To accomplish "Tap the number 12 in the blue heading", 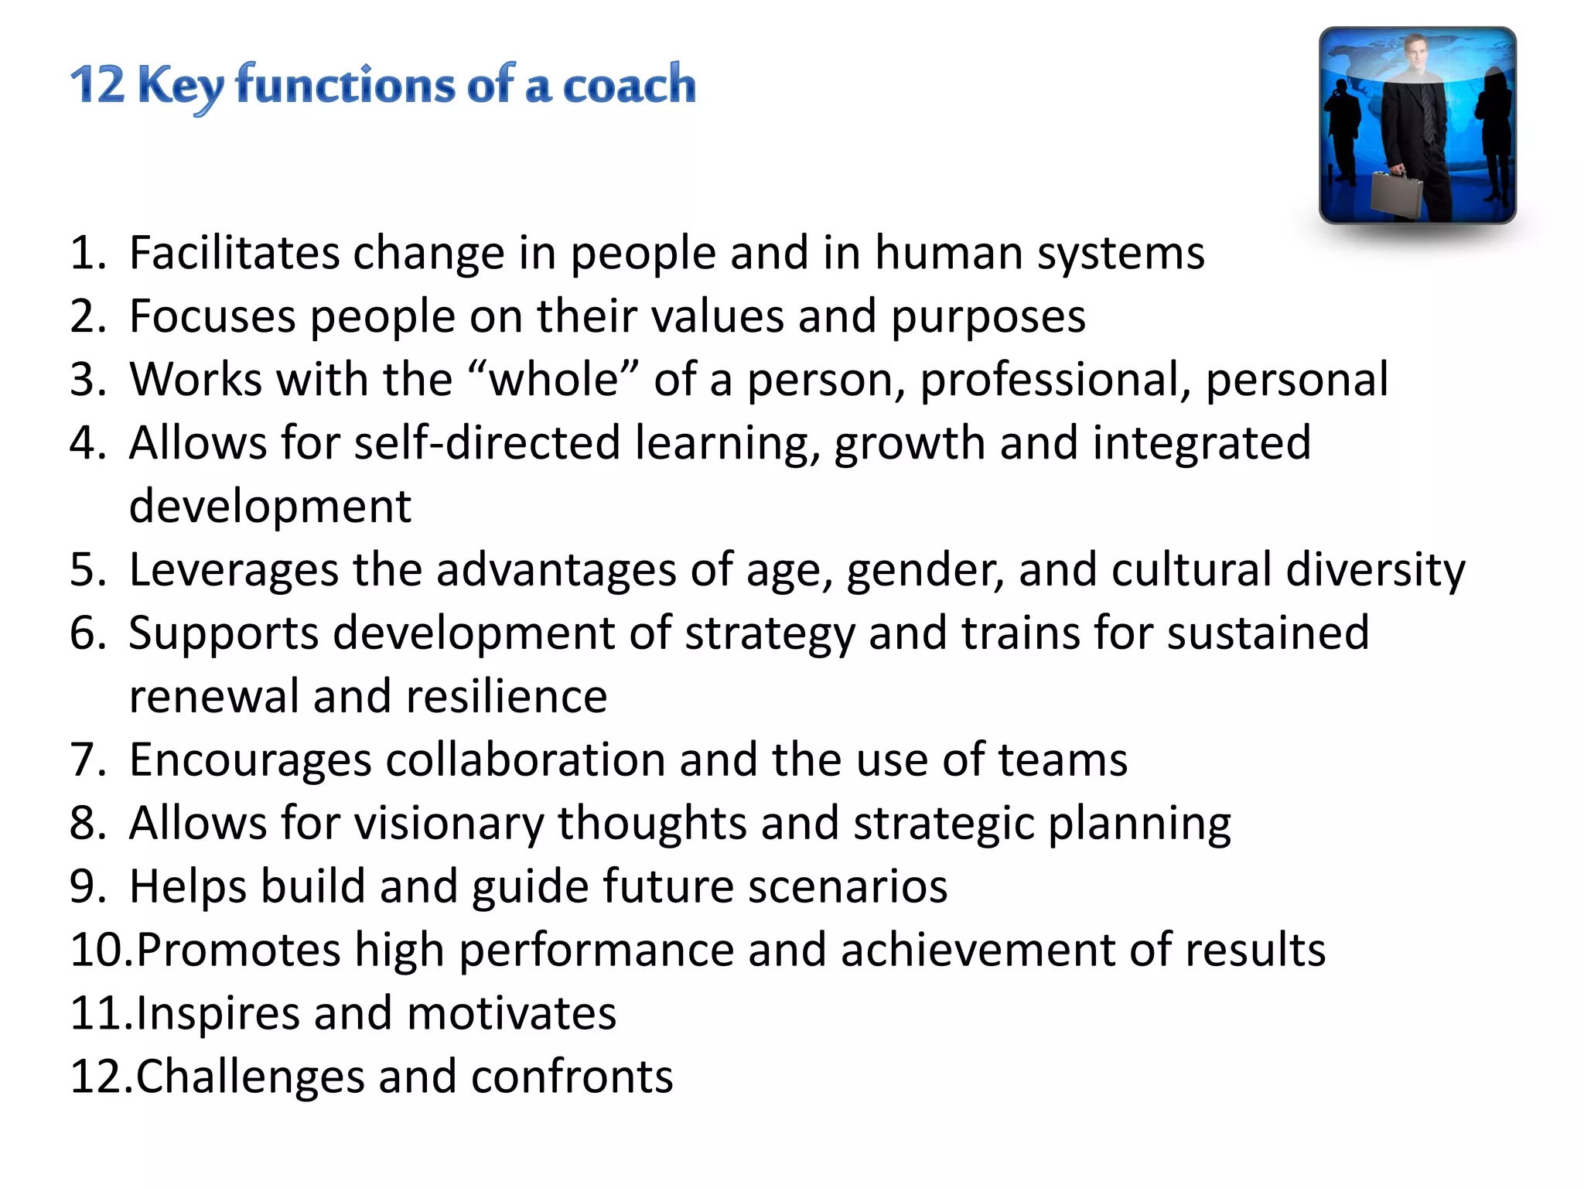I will (97, 84).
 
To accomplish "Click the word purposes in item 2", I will (988, 317).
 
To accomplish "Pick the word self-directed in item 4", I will (487, 443).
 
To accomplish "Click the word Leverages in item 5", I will (234, 570).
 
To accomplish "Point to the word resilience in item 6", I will (507, 696).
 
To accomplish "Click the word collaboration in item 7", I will (525, 760).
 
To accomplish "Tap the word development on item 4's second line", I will (270, 507).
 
